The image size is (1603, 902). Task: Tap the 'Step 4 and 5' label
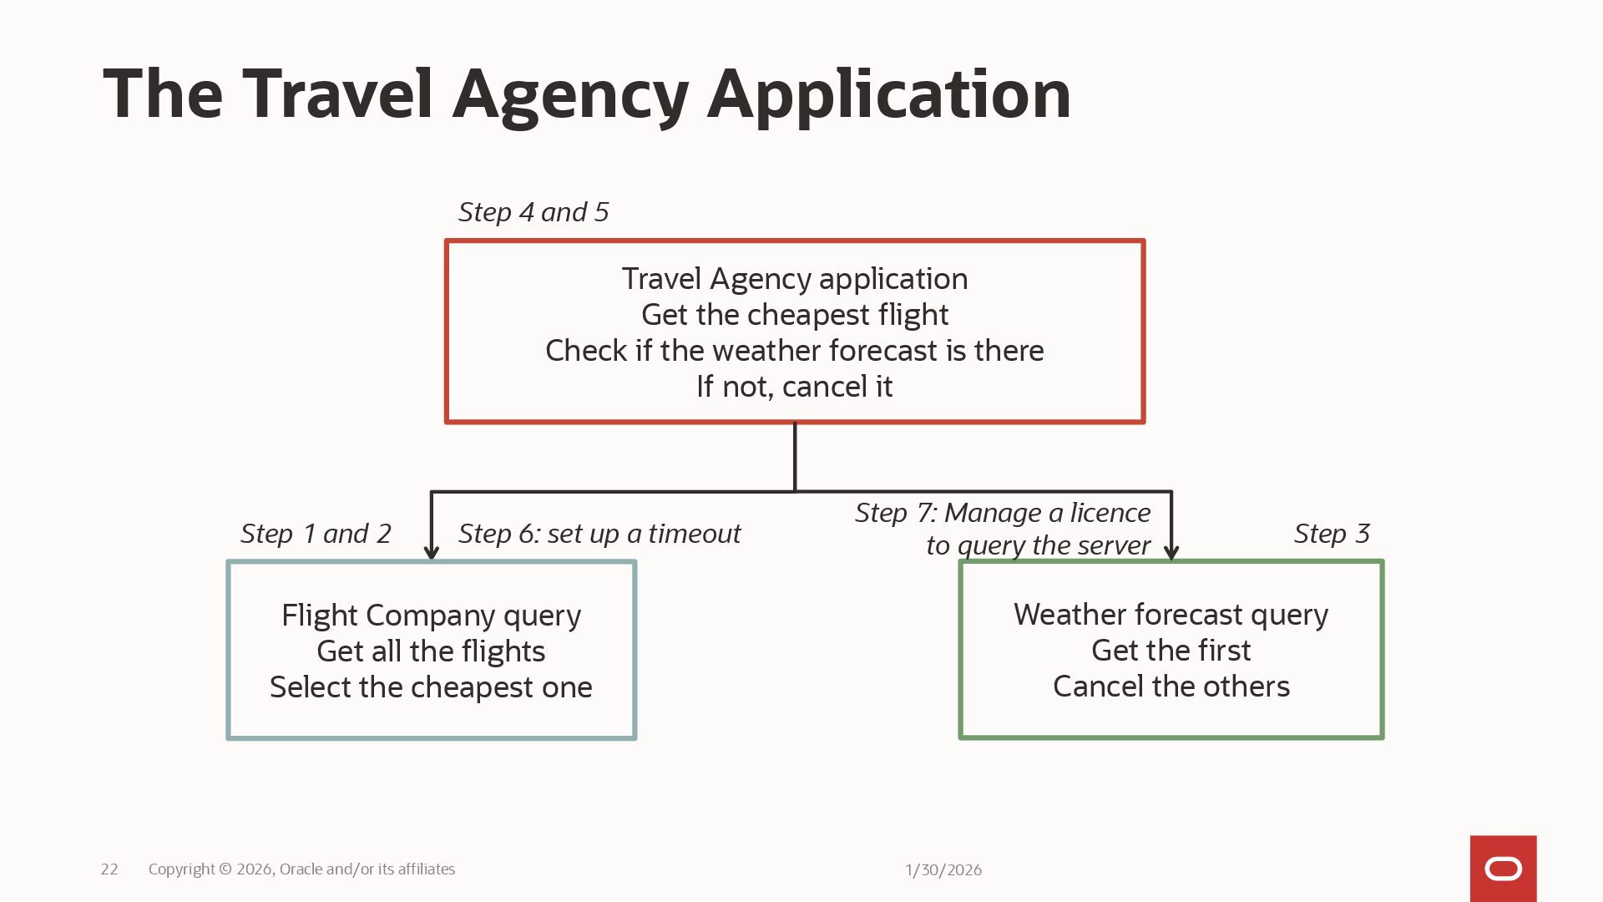click(533, 212)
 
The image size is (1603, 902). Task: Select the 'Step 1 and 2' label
click(316, 534)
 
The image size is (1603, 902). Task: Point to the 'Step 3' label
click(1332, 534)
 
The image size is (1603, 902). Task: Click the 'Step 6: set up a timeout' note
click(599, 534)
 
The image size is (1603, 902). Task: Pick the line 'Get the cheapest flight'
click(794, 315)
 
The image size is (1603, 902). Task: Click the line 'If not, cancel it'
click(794, 387)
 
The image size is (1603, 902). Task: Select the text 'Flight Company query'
click(431, 616)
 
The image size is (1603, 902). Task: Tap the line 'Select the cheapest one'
click(431, 687)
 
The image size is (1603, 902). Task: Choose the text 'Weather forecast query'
click(1171, 615)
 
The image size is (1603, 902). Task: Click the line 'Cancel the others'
click(1171, 687)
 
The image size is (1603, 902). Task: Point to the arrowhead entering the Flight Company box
click(432, 552)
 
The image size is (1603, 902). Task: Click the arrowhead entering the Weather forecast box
click(1171, 552)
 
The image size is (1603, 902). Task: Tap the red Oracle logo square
click(1503, 869)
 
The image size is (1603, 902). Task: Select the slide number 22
click(109, 869)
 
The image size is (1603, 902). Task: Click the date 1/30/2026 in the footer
click(943, 870)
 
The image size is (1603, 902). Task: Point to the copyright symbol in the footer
click(225, 869)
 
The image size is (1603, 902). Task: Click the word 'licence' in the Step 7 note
click(1110, 513)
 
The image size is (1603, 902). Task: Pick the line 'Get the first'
click(1171, 651)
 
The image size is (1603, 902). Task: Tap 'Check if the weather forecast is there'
click(794, 351)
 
